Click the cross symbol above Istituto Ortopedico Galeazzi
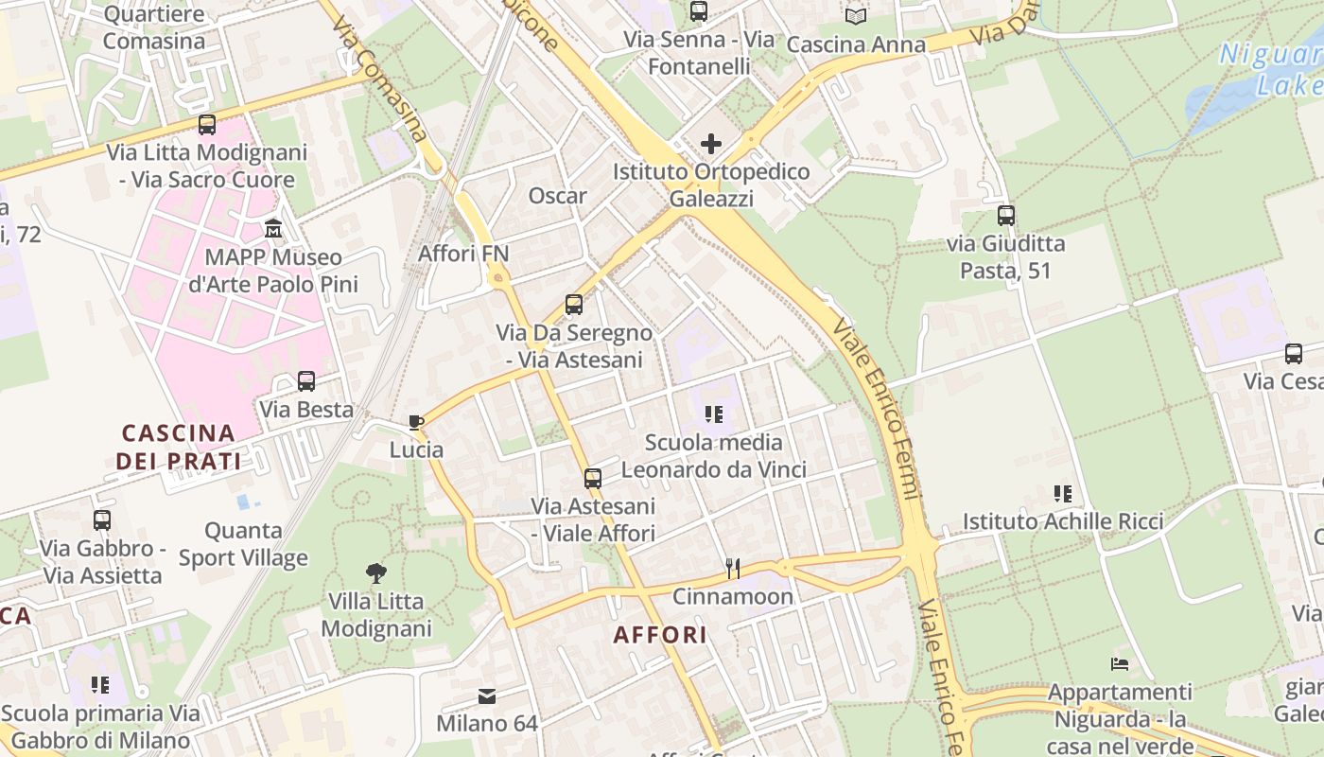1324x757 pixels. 711,144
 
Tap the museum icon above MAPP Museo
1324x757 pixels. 273,228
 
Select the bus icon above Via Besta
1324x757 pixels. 306,381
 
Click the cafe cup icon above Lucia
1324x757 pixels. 415,422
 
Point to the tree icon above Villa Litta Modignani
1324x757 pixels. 376,572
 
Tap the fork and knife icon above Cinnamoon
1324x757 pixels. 732,568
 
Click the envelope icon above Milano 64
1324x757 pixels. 487,696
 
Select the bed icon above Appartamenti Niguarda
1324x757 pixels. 1120,664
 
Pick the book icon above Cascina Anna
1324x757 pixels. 856,16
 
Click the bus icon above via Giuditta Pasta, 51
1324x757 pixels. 1005,215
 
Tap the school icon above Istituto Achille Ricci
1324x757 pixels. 1063,493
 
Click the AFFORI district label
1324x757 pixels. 660,635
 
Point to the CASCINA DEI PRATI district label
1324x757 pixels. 179,447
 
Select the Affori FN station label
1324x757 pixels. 463,253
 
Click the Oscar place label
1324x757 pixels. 558,196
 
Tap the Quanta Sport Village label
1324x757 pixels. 244,544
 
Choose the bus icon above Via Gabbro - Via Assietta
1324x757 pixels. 102,519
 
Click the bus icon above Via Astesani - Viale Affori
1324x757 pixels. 593,478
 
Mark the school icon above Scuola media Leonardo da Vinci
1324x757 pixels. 714,414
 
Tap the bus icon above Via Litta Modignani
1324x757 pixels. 206,124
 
